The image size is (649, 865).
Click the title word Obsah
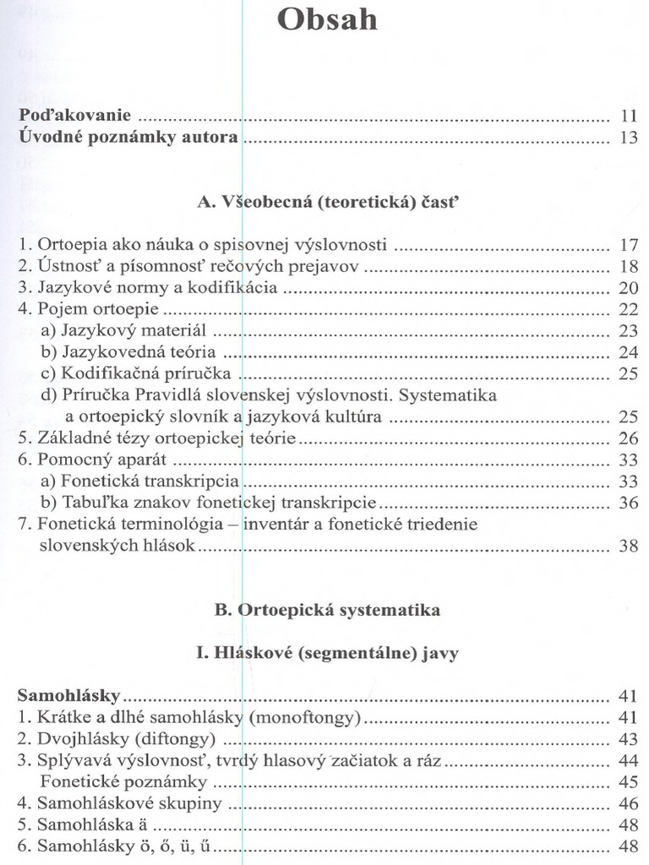point(328,19)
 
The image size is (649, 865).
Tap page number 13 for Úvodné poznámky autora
point(628,138)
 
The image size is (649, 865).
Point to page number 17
point(628,246)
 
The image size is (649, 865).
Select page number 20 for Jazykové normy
point(628,289)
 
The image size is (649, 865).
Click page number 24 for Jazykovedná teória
point(628,352)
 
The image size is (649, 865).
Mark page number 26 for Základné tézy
point(628,438)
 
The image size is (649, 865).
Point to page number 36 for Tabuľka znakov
point(628,503)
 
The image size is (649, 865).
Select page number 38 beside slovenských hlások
point(628,546)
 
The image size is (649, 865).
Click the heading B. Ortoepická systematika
point(327,609)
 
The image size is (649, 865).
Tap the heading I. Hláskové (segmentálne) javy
point(328,653)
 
